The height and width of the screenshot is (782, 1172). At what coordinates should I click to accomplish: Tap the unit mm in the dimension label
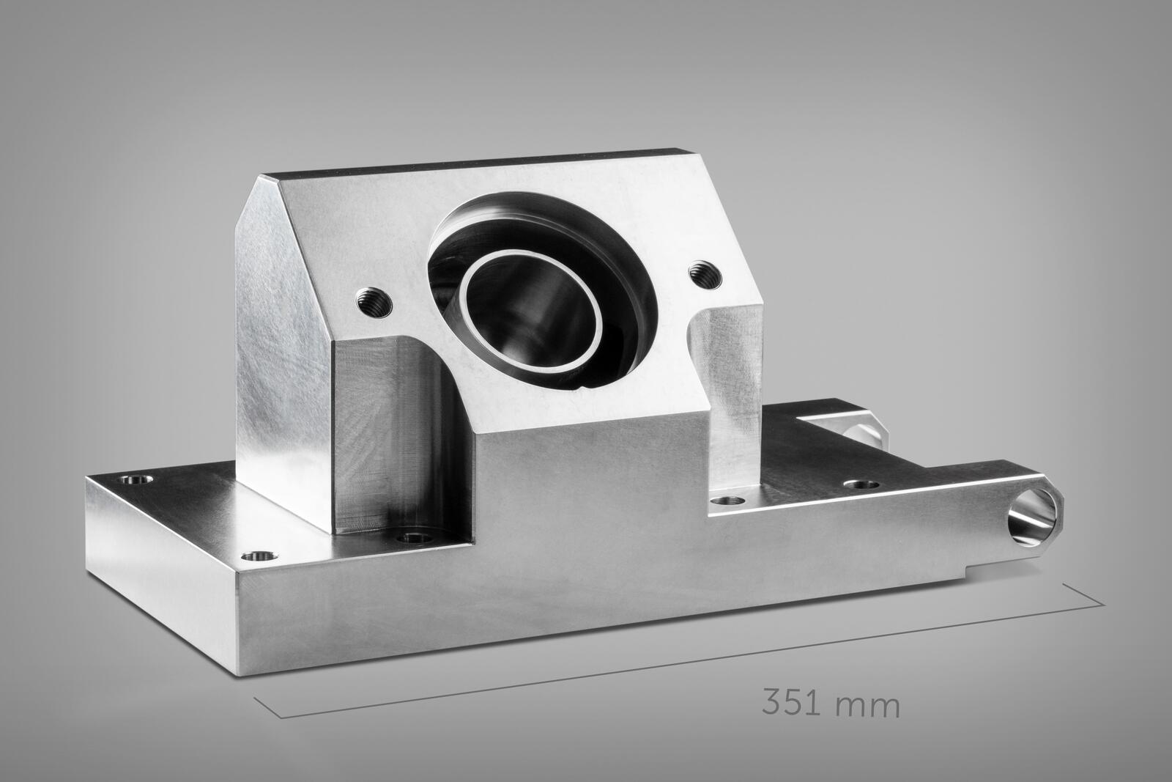tap(867, 705)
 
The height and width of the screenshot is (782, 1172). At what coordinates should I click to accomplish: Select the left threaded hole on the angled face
tap(374, 302)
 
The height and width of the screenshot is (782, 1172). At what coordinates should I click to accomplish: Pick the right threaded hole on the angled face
tap(705, 274)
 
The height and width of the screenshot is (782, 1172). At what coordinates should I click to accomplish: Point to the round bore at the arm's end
tap(1032, 516)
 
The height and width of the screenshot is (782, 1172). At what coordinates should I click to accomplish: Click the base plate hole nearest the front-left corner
tap(259, 556)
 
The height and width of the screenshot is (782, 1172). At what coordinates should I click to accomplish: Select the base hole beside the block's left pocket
tap(415, 538)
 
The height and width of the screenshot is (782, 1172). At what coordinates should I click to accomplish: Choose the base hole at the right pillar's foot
tap(727, 501)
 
